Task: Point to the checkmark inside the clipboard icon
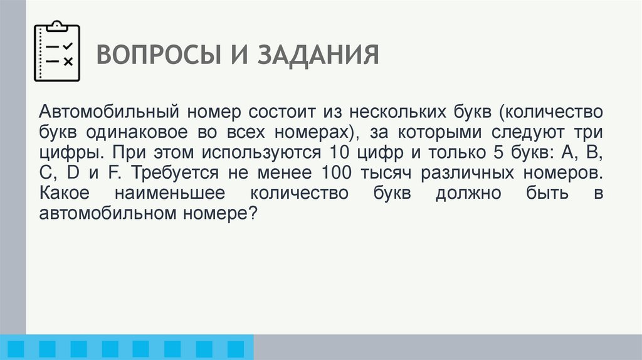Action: (68, 46)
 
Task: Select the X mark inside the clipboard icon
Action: (68, 61)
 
